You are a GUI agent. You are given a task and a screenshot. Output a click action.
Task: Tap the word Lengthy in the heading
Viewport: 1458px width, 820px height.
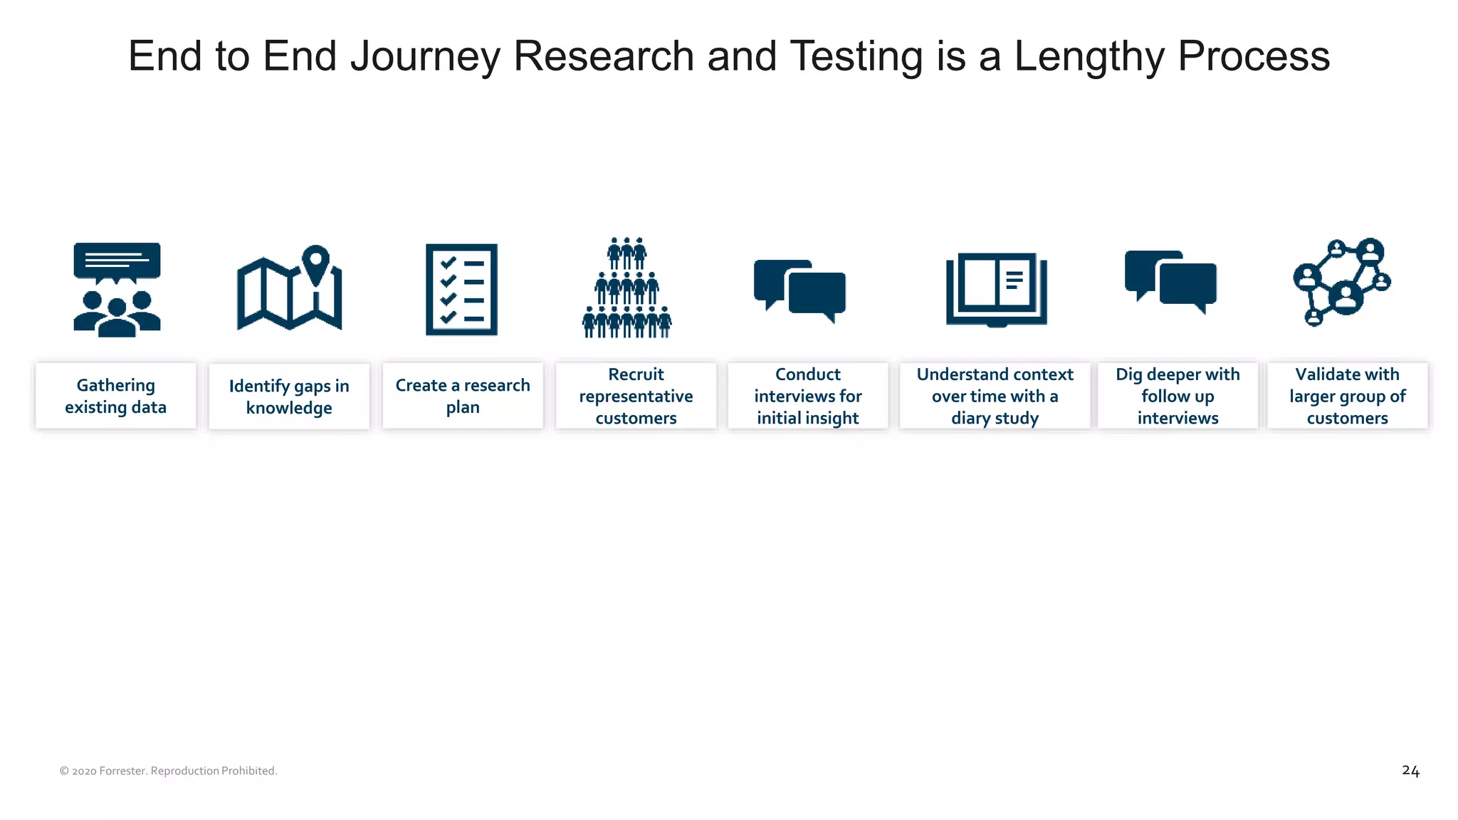tap(1089, 56)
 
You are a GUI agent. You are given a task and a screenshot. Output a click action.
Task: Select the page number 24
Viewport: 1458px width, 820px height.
tap(1410, 771)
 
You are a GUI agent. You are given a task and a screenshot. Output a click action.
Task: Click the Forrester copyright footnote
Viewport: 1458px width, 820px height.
tap(168, 771)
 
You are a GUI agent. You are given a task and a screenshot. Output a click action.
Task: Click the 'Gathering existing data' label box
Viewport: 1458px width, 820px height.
tap(116, 396)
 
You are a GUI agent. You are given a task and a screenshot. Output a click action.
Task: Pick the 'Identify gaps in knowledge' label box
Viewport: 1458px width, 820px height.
tap(289, 396)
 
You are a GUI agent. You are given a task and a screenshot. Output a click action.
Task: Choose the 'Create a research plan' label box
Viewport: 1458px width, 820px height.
tap(463, 396)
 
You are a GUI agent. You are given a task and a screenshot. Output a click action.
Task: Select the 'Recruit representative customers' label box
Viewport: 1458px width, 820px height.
tap(636, 396)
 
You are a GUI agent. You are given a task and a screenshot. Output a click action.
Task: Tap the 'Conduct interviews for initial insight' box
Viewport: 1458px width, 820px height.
tap(808, 396)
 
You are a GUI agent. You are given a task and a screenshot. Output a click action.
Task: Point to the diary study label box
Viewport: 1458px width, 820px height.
tap(995, 396)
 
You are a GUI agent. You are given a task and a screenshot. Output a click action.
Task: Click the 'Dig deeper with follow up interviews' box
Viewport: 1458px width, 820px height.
tap(1178, 396)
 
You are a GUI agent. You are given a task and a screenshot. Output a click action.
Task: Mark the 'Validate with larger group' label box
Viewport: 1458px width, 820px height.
tap(1347, 396)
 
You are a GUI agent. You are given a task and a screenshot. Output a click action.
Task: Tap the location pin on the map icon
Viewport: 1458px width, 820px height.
tap(316, 263)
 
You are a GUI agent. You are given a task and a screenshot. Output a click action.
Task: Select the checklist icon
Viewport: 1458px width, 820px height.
tap(461, 290)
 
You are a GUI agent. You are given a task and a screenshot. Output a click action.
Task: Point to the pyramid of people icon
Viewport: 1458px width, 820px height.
tap(626, 288)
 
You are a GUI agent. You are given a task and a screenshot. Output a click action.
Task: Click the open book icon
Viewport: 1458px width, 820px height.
tap(996, 289)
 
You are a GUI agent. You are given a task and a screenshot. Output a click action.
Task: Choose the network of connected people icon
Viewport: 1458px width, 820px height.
tap(1341, 282)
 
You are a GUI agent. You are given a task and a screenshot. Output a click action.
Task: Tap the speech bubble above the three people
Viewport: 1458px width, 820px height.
tap(117, 261)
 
